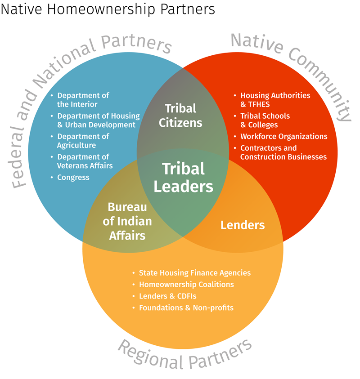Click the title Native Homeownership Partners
click(108, 9)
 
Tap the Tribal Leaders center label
click(183, 177)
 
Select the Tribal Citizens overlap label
click(180, 115)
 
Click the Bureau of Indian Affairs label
click(127, 221)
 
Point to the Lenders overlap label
click(242, 225)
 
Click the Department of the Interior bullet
click(83, 100)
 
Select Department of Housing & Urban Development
click(98, 120)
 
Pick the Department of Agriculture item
click(83, 141)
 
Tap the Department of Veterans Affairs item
click(85, 161)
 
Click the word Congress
click(73, 178)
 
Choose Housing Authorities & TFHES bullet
click(275, 100)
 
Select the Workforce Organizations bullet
click(283, 136)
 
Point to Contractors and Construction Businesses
click(283, 152)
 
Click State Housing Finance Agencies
click(194, 273)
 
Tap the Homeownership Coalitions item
click(186, 285)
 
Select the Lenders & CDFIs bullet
click(167, 296)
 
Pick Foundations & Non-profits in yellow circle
click(186, 308)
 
